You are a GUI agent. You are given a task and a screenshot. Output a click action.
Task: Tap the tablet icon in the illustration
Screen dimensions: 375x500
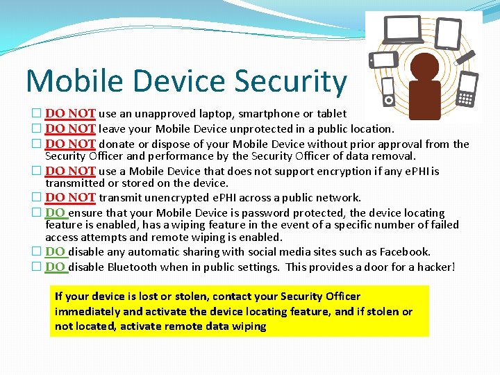(449, 33)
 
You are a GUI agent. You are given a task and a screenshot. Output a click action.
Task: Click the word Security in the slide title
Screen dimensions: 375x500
(290, 81)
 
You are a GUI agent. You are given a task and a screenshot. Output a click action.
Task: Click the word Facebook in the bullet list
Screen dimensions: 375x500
(403, 252)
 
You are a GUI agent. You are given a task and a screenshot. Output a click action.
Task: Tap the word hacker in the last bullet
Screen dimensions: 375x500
(433, 267)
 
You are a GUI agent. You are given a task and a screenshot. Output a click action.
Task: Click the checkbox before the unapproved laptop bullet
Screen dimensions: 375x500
(37, 114)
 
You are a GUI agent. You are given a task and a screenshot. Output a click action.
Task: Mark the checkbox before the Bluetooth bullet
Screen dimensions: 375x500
(37, 267)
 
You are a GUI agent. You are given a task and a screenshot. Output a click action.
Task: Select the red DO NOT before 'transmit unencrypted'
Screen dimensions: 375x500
(70, 198)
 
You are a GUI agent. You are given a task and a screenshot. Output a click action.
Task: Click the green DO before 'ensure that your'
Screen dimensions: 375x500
(56, 212)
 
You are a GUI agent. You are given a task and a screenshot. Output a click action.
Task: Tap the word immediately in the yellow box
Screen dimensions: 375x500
(87, 311)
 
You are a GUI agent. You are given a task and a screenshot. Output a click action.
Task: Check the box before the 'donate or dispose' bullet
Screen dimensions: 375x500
(37, 144)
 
